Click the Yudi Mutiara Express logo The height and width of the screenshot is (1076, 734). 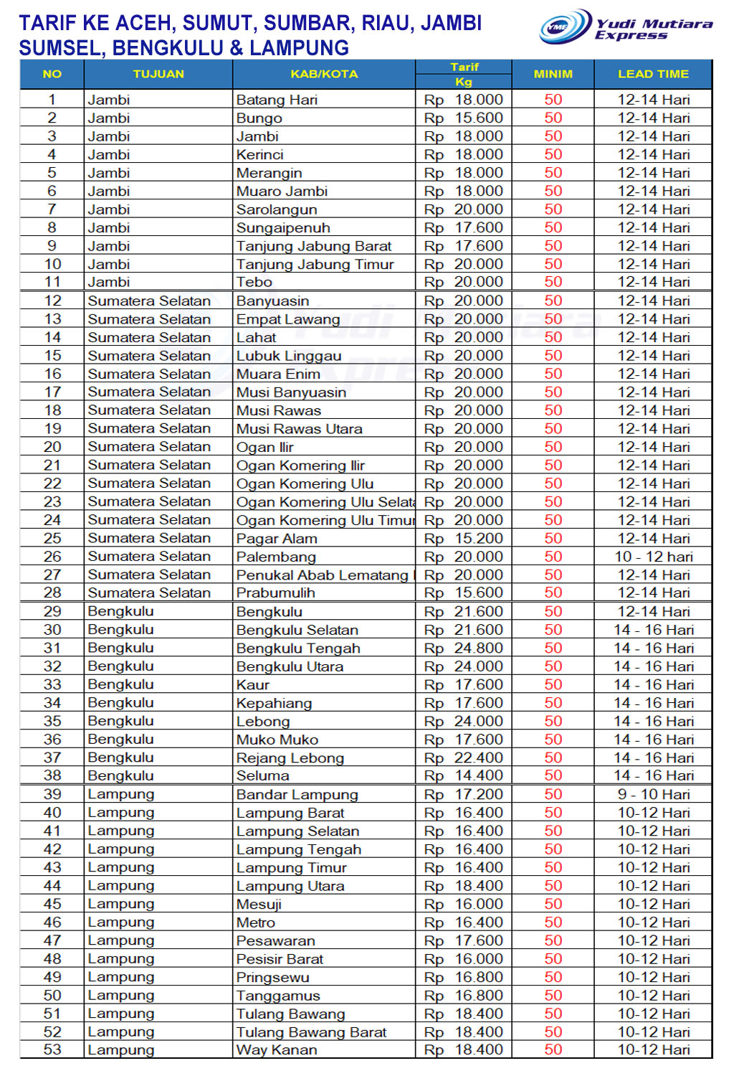point(625,27)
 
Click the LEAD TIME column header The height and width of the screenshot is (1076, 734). point(653,74)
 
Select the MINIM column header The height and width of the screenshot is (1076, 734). point(553,74)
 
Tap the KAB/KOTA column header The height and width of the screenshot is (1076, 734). point(324,74)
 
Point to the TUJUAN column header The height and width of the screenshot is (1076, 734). point(158,74)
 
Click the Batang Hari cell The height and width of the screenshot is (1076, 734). point(277,100)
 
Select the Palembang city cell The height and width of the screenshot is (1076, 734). point(276,557)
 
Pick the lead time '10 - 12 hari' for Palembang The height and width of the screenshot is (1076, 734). point(653,557)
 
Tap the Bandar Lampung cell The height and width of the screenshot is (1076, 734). point(297,795)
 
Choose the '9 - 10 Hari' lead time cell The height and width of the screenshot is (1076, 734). point(653,795)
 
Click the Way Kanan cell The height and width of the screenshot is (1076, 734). point(277,1050)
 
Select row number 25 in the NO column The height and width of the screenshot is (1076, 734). point(52,538)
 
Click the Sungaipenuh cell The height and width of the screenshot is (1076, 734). point(283,227)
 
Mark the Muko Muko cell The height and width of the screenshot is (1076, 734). point(277,740)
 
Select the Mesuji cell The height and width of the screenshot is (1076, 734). point(259,904)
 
